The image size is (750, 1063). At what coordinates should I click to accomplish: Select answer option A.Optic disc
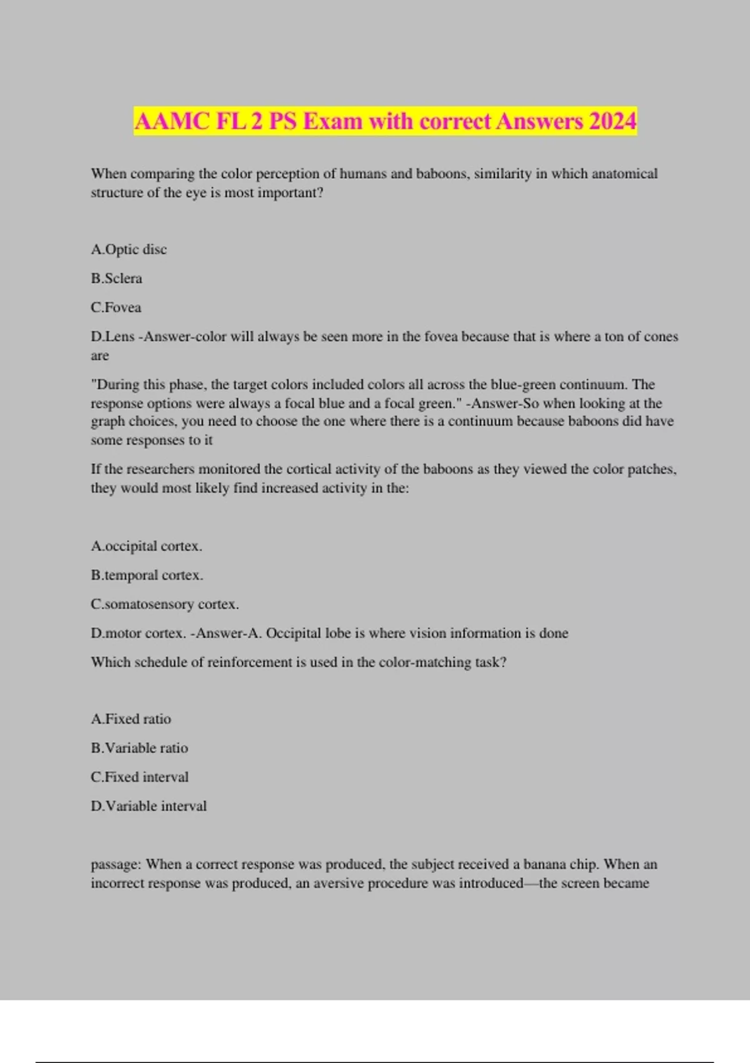tap(129, 249)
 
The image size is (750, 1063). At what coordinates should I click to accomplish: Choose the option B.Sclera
tap(116, 278)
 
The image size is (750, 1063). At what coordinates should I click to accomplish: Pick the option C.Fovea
tap(116, 308)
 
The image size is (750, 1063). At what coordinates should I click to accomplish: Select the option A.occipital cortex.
tap(146, 547)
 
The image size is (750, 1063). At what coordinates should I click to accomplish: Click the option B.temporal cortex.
tap(147, 575)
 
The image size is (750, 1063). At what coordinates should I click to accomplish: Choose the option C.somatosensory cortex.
tap(164, 605)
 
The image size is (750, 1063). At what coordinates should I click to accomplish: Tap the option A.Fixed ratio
tap(131, 719)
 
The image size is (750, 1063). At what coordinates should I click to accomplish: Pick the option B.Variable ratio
tap(139, 748)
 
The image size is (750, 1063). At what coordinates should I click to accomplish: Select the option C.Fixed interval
tap(139, 777)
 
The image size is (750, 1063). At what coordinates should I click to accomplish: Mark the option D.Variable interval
tap(149, 806)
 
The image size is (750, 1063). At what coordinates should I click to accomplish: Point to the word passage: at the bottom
tap(116, 865)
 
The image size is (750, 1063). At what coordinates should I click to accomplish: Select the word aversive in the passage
tap(338, 884)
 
